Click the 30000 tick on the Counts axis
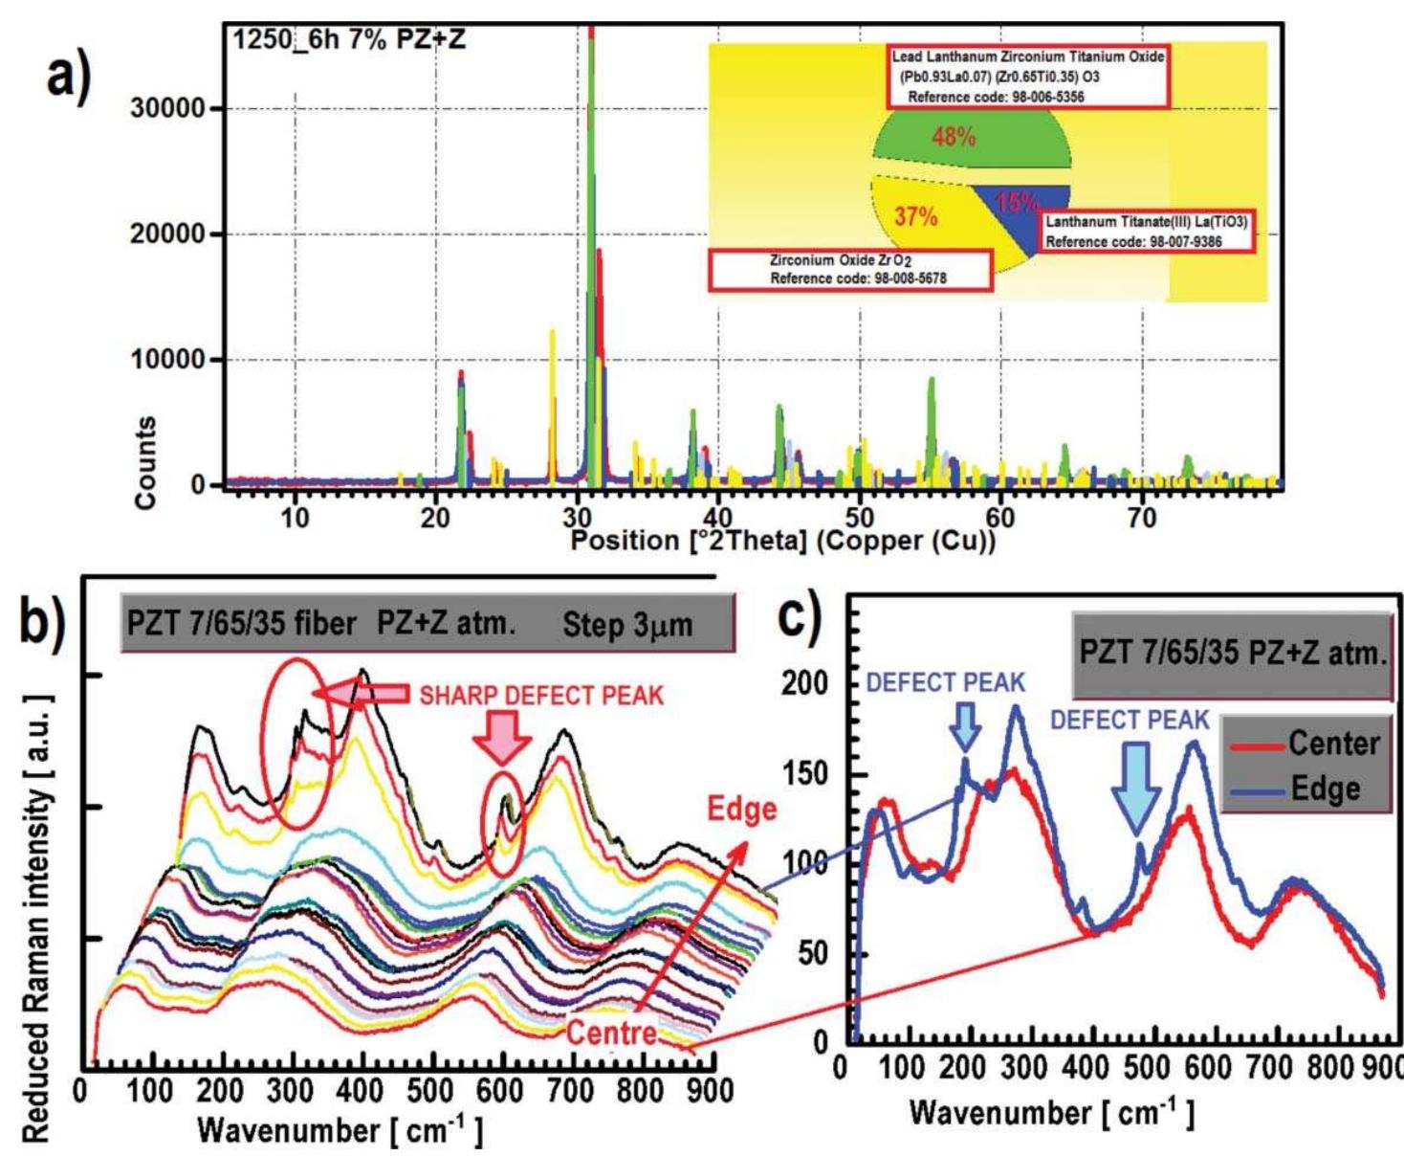pos(167,108)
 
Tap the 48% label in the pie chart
pos(954,137)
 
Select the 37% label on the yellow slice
pos(915,217)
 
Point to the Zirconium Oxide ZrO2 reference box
pos(849,270)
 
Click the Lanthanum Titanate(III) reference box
pos(1146,232)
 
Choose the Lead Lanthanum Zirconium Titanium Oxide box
pos(1026,77)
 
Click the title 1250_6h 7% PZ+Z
pos(349,40)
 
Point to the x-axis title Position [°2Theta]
pos(782,541)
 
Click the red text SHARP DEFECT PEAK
pos(541,695)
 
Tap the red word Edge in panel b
pos(741,810)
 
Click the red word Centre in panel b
pos(612,1033)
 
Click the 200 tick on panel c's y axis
pos(804,683)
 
